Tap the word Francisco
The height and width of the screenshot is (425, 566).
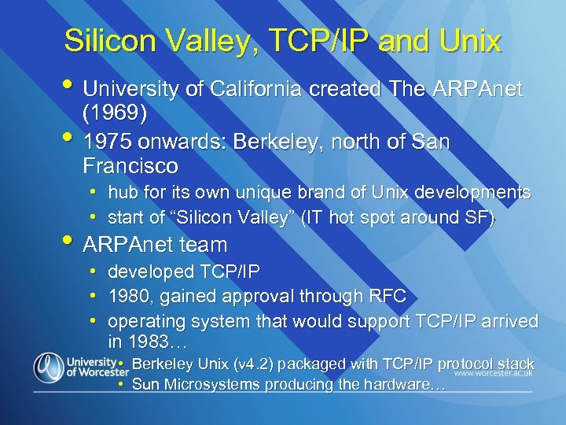[x=130, y=167]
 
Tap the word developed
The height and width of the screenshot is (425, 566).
[x=150, y=272]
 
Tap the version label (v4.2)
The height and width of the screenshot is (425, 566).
[x=255, y=364]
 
